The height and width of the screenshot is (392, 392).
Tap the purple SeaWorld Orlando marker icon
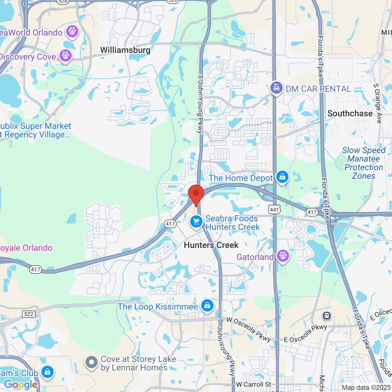pos(72,31)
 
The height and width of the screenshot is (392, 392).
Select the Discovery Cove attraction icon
pos(66,56)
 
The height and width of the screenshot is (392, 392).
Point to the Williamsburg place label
pos(125,50)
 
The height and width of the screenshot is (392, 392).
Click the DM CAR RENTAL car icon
pos(277,88)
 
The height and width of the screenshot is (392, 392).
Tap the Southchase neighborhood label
pos(350,114)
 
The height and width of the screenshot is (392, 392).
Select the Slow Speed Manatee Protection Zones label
pos(364,163)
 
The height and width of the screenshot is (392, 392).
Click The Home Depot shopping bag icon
pos(282,177)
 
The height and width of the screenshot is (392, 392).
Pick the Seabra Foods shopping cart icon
pos(196,221)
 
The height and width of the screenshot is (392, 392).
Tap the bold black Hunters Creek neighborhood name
pos(211,245)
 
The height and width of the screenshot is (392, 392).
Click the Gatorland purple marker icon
pos(283,255)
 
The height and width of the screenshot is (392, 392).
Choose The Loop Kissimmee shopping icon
pos(207,305)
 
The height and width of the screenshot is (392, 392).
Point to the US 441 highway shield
pos(274,210)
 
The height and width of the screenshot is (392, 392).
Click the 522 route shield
pos(29,314)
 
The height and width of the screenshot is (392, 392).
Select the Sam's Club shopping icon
pos(47,372)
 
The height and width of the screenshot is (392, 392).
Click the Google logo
pos(21,385)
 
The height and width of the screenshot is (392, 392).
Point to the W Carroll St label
pos(254,385)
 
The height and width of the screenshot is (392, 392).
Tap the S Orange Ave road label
pos(378,104)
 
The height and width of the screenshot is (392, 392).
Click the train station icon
pos(327,315)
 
